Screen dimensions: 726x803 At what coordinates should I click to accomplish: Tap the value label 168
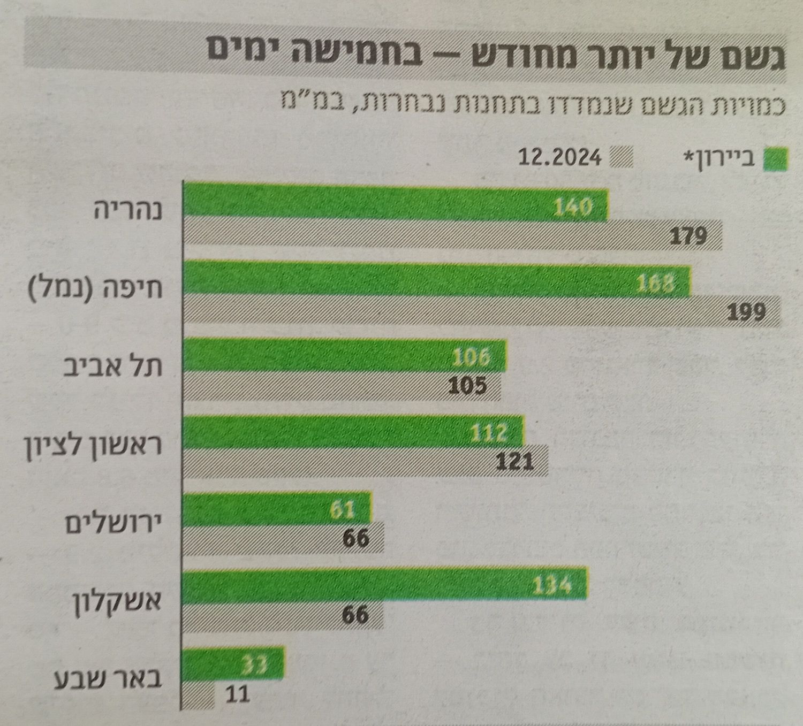(x=656, y=282)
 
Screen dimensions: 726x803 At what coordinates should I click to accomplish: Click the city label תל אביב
(x=113, y=368)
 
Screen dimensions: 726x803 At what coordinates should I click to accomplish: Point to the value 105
(x=467, y=385)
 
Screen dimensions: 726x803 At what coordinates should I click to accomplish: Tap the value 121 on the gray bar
(x=515, y=461)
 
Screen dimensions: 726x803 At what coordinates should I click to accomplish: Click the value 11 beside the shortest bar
(x=238, y=694)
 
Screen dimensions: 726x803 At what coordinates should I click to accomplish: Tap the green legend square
(x=776, y=159)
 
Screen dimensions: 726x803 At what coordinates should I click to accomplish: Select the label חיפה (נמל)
(x=95, y=289)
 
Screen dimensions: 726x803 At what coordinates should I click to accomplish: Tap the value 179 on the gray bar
(x=689, y=236)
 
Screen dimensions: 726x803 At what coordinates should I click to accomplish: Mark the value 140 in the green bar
(x=573, y=206)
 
